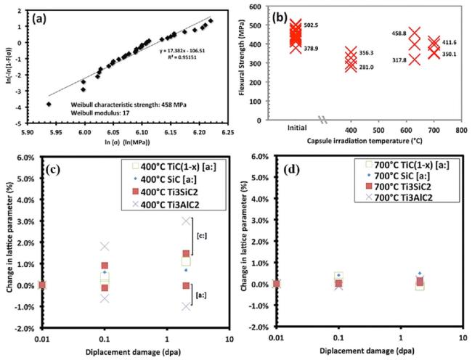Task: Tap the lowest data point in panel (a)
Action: point(49,104)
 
